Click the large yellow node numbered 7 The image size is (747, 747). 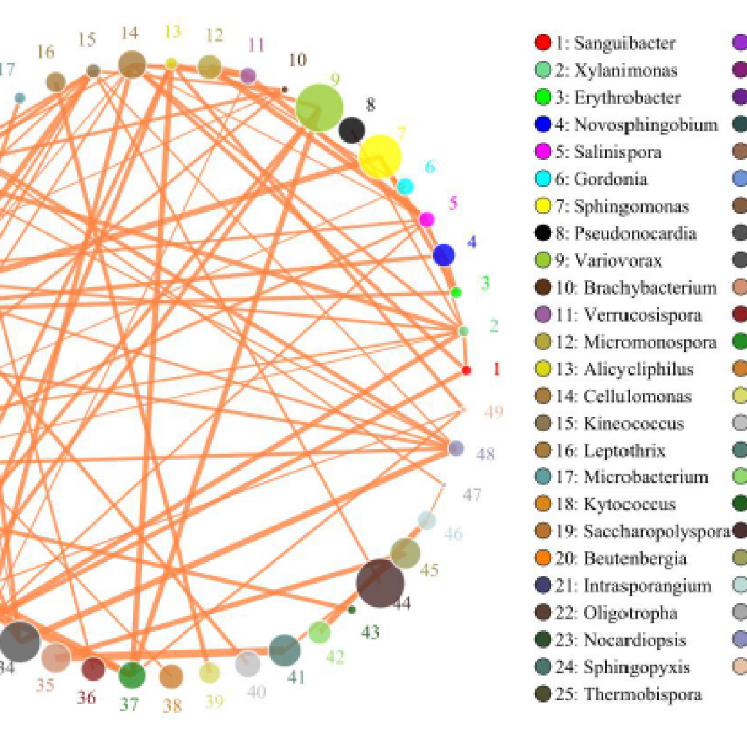380,156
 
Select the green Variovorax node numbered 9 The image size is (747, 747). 320,107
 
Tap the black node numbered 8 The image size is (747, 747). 352,130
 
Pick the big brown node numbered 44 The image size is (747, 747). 380,583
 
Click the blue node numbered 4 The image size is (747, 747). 444,255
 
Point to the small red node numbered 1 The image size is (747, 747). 466,371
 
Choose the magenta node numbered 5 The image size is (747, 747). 427,219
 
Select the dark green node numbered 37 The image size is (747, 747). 132,675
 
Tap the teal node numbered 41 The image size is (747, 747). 285,651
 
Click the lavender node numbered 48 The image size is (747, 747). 456,448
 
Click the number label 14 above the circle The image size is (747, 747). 130,33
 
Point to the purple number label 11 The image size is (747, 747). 255,45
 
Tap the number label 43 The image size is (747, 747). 371,632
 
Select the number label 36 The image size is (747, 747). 87,697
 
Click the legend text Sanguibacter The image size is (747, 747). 624,43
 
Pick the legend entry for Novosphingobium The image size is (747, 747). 646,125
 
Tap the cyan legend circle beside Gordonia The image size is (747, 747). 542,179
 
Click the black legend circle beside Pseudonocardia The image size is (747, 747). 542,234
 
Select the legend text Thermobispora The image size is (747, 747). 642,694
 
